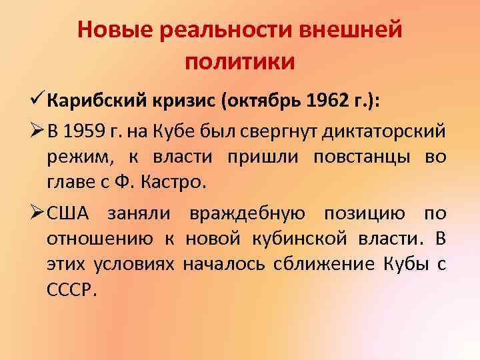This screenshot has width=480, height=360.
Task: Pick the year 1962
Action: pyautogui.click(x=328, y=101)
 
